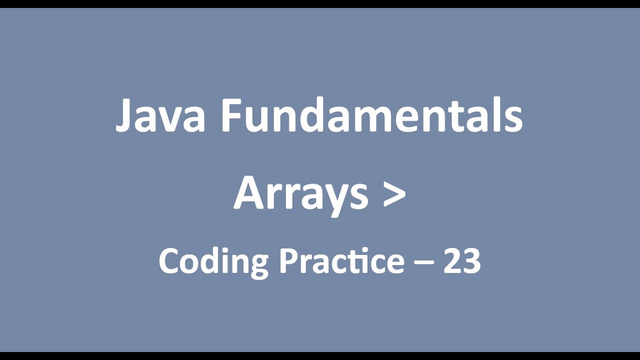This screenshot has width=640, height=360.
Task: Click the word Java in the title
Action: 160,116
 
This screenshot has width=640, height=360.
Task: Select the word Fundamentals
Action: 371,116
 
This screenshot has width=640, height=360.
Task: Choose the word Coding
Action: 213,261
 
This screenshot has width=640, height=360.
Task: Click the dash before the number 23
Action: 424,261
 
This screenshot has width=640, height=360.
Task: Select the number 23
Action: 462,260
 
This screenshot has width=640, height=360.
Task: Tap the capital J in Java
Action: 124,116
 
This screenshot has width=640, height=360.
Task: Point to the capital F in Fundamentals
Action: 231,116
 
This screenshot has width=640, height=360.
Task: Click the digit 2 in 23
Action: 452,260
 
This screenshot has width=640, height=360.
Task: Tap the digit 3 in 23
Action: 471,260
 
